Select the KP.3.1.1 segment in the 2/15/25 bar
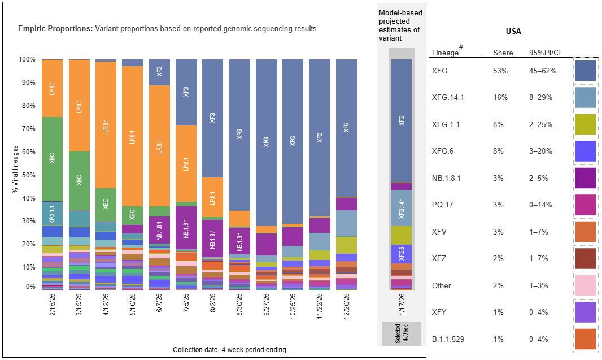[x=52, y=214]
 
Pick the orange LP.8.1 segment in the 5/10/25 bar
[x=132, y=136]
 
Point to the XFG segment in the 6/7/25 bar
[x=159, y=72]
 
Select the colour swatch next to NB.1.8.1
[x=586, y=179]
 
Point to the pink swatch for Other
[x=586, y=286]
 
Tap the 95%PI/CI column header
[x=543, y=53]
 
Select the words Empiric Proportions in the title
[x=55, y=28]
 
